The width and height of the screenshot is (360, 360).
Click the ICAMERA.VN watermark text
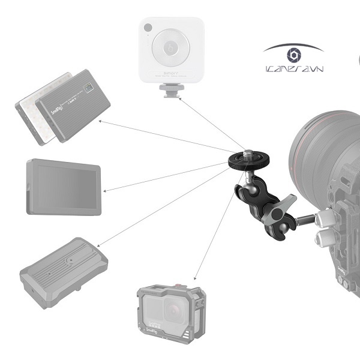tap(293, 70)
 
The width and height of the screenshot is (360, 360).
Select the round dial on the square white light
tap(171, 49)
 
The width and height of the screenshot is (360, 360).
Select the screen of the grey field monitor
tap(62, 187)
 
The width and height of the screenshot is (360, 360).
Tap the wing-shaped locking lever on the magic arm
tap(283, 206)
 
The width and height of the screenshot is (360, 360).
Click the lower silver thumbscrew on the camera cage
tap(322, 238)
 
